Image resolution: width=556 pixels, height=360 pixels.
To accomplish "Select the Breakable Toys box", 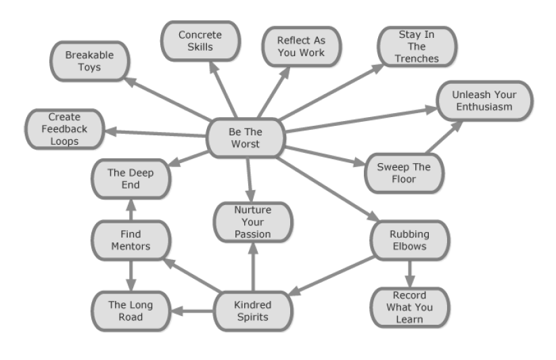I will (89, 60).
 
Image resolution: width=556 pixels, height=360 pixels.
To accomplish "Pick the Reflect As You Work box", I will (301, 46).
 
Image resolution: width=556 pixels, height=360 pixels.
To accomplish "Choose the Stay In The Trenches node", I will (417, 46).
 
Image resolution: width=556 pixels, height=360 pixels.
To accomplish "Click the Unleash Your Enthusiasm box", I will (482, 101).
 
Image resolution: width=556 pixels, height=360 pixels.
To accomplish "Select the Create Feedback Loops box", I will (64, 129).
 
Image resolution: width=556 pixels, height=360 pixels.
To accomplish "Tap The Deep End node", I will (131, 179).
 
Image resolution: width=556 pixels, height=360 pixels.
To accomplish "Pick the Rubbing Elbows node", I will (409, 240).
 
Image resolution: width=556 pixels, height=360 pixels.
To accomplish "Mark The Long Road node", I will (131, 311).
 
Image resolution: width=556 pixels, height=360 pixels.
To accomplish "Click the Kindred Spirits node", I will (253, 311).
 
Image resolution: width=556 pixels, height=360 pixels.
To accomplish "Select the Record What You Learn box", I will (409, 307).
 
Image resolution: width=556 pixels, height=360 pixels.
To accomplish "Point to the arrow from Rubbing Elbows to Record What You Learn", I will (409, 273).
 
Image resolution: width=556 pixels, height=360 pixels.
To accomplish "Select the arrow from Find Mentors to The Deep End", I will (131, 210).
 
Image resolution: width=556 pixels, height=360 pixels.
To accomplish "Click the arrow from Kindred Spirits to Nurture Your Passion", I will (253, 267).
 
